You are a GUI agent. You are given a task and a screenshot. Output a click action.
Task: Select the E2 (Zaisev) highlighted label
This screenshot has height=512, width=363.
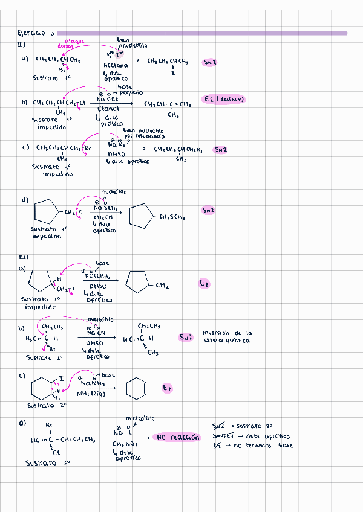[224, 99]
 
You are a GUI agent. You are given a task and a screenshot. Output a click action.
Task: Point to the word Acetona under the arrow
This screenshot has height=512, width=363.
[116, 65]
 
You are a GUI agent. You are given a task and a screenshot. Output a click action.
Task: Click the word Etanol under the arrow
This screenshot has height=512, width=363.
[108, 109]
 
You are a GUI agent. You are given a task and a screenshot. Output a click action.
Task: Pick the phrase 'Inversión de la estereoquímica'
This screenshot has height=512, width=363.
[227, 336]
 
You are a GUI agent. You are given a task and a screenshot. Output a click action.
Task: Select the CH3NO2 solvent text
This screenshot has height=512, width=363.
[126, 444]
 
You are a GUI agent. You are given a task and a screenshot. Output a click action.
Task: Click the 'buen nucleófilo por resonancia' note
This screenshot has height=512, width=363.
[144, 133]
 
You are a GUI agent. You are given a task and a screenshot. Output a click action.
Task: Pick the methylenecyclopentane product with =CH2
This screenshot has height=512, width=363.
[146, 282]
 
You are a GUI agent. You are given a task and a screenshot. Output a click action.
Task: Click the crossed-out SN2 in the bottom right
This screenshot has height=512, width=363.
[220, 426]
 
